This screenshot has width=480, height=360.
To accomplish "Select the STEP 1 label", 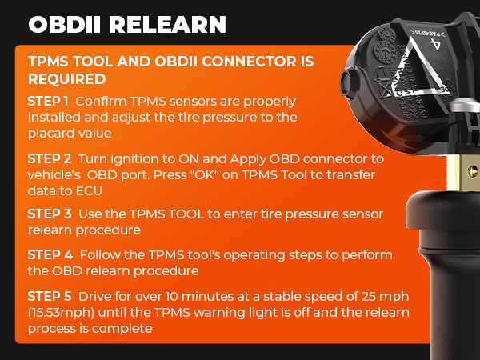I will point(47,102).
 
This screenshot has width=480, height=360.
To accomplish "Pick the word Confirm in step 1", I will point(102,102).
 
